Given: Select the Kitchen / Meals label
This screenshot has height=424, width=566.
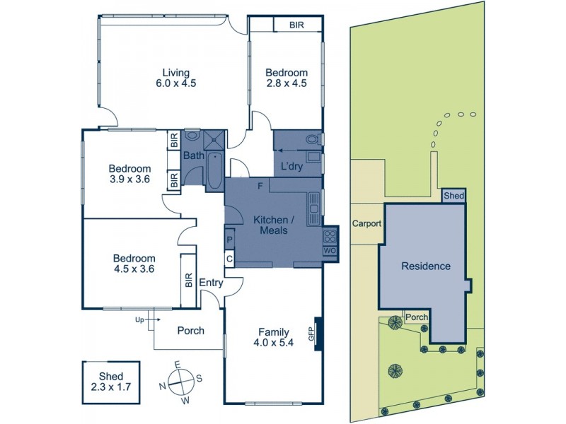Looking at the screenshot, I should click(x=272, y=225).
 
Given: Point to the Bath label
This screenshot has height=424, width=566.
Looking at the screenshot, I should click(x=192, y=155).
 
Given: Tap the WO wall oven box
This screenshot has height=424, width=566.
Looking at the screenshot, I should click(x=330, y=250).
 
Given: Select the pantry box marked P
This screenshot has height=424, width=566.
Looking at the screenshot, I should click(x=230, y=240).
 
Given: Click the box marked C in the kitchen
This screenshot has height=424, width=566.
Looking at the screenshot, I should click(x=230, y=259).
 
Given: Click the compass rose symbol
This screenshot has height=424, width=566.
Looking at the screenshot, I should click(x=181, y=383).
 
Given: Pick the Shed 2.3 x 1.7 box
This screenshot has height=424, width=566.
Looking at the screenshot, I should click(x=111, y=381).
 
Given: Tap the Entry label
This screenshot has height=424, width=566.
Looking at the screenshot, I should click(x=211, y=283).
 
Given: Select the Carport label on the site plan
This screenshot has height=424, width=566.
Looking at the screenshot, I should click(x=366, y=223).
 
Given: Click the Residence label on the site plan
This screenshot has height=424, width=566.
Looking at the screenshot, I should click(x=425, y=266).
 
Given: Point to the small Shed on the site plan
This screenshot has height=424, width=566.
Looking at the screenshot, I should click(x=454, y=196).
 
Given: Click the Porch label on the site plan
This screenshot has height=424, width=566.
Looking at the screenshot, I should click(x=417, y=318).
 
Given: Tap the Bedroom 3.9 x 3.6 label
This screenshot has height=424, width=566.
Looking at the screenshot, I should click(x=129, y=174).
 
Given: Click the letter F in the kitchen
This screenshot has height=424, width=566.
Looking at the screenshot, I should click(x=260, y=186).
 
